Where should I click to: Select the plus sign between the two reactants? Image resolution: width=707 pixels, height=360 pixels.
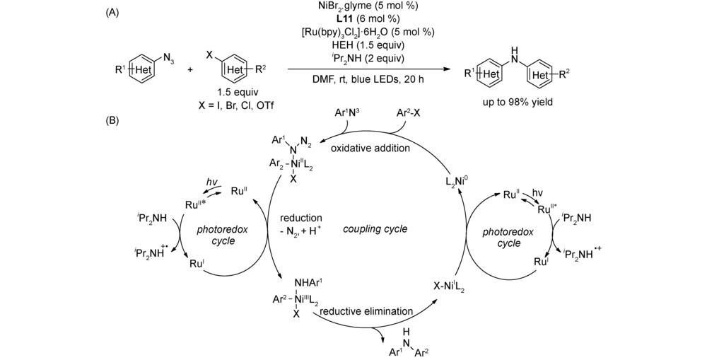click(x=192, y=71)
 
